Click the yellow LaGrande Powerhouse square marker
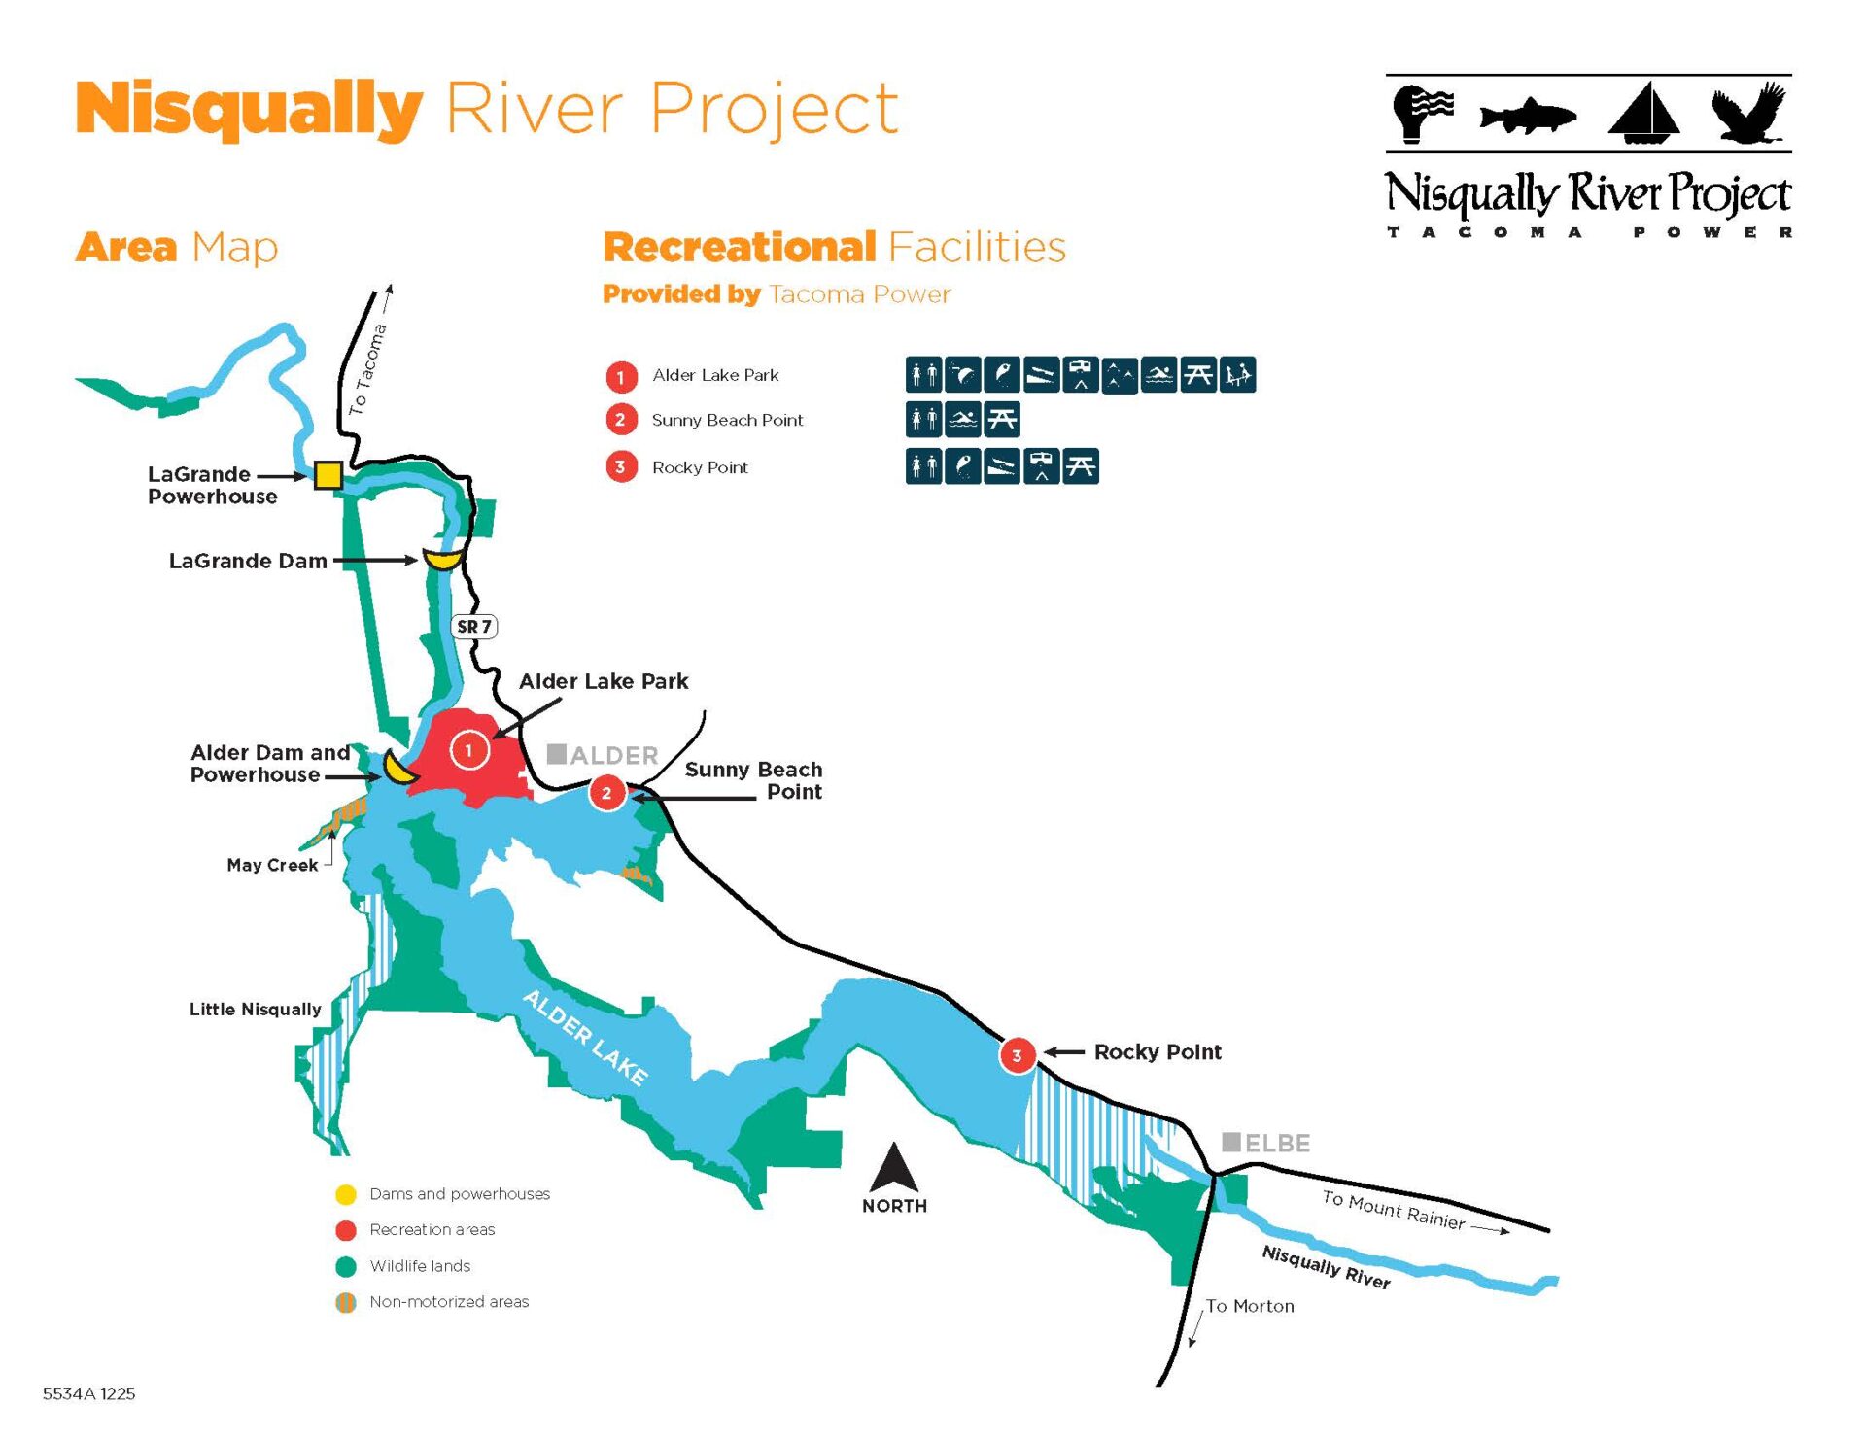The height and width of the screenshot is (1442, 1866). tap(328, 475)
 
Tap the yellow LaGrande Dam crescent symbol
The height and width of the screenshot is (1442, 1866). tap(443, 562)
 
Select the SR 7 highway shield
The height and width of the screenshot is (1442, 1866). tap(474, 627)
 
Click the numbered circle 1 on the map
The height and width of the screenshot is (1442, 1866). tap(469, 750)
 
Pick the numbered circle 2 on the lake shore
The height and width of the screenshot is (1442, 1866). tap(607, 793)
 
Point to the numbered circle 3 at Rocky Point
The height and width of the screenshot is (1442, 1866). tap(1017, 1055)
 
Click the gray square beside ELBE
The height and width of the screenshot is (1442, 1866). tap(1230, 1142)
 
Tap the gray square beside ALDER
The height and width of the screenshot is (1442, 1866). tap(557, 754)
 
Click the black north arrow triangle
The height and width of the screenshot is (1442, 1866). tap(894, 1167)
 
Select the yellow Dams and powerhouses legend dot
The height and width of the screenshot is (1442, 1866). tap(345, 1194)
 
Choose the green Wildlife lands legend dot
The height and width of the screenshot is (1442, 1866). tap(345, 1266)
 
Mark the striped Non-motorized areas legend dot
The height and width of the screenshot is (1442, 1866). tap(345, 1302)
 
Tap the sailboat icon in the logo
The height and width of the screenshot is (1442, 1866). tap(1644, 112)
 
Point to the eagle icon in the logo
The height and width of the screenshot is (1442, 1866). tap(1749, 113)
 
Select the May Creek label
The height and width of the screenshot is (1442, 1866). tap(272, 865)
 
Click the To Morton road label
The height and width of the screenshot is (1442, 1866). tap(1250, 1306)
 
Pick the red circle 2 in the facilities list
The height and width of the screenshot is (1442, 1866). tap(621, 420)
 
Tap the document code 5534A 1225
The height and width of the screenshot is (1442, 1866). tap(89, 1393)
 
